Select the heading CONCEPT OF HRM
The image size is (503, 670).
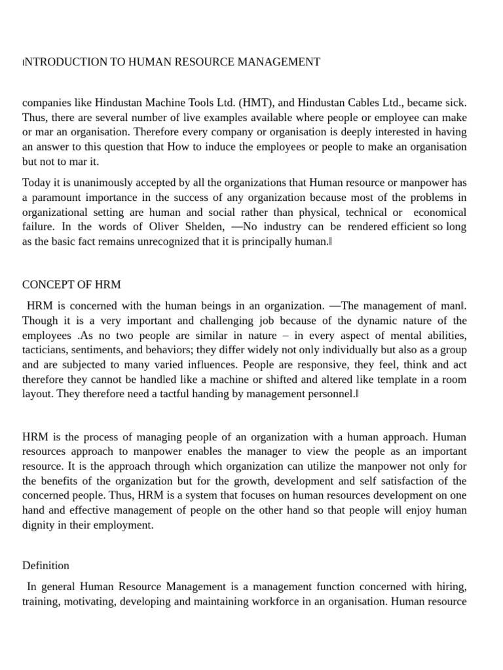71,285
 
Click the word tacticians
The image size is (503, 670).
47,349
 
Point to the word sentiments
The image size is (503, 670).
108,349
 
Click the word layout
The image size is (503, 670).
37,393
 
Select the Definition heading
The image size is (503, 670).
46,565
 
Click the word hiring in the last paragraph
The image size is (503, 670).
451,587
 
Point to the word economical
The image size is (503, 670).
440,212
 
